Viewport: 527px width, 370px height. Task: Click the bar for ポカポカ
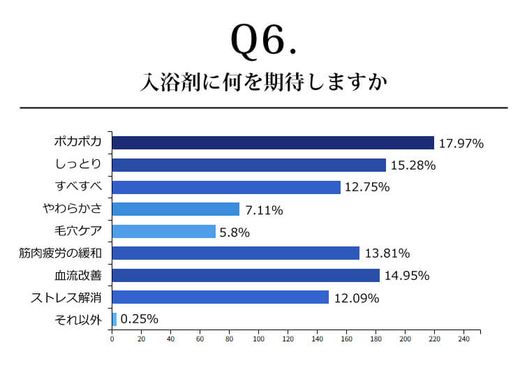tap(273, 142)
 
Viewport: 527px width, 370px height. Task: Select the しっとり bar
tap(249, 165)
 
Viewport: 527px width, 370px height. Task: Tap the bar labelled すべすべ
tap(226, 187)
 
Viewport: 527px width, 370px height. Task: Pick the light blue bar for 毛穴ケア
tap(164, 231)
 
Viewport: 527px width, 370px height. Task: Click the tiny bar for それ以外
tap(114, 319)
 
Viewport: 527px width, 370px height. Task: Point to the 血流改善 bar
tap(246, 275)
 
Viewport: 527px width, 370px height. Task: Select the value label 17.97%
tap(461, 143)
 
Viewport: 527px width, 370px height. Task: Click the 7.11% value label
tap(263, 209)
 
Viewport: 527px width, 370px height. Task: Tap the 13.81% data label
tap(386, 253)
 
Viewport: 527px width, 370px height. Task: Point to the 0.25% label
tap(139, 319)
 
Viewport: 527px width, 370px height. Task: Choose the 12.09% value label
tap(355, 297)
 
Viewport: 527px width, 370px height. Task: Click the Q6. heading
tap(264, 43)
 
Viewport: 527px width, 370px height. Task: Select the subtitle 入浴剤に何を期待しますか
tap(264, 82)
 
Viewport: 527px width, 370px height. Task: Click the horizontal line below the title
tap(264, 108)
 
